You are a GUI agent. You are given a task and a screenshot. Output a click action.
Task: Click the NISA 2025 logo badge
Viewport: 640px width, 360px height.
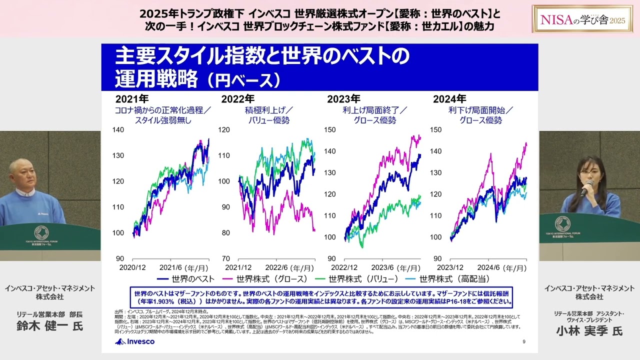pyautogui.click(x=583, y=19)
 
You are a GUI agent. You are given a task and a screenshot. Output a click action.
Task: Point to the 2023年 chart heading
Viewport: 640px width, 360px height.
pyautogui.click(x=343, y=99)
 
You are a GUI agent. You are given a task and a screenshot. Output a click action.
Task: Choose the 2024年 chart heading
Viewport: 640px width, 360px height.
pyautogui.click(x=449, y=99)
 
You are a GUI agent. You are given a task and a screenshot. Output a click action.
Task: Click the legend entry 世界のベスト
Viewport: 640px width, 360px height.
pyautogui.click(x=186, y=279)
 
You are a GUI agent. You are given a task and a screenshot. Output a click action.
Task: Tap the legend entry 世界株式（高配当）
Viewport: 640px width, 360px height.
pyautogui.click(x=447, y=279)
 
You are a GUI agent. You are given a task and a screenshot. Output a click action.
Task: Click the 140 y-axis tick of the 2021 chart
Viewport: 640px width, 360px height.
pyautogui.click(x=118, y=129)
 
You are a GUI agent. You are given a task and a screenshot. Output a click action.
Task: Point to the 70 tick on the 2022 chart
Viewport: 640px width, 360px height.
pyautogui.click(x=225, y=258)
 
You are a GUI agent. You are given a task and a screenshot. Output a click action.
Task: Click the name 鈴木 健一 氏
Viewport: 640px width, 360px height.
pyautogui.click(x=49, y=326)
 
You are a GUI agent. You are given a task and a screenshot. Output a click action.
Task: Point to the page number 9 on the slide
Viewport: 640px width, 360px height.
pyautogui.click(x=523, y=342)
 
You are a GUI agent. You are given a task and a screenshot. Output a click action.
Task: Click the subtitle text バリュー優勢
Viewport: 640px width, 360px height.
pyautogui.click(x=269, y=120)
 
